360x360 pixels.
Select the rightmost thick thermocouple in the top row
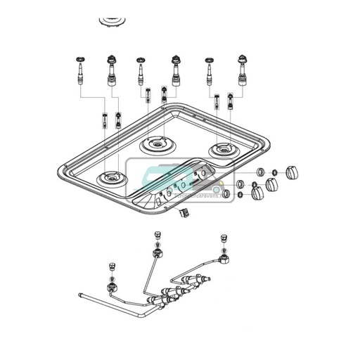tap(242, 70)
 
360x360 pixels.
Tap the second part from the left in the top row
tap(111, 70)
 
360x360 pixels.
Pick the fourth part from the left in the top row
tap(174, 70)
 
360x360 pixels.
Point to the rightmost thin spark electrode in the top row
tap(210, 72)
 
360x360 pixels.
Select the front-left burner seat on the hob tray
tap(110, 179)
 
